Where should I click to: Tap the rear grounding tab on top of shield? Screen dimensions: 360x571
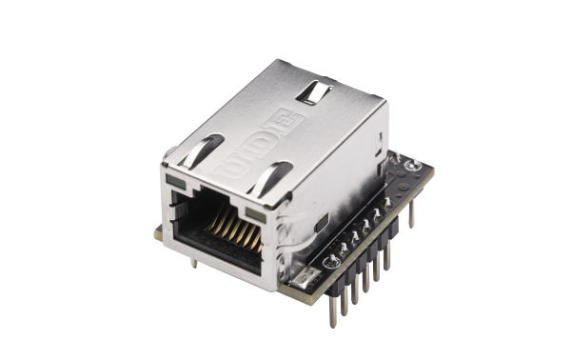[315, 92]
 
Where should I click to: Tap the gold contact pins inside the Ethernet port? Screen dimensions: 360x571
[229, 230]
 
